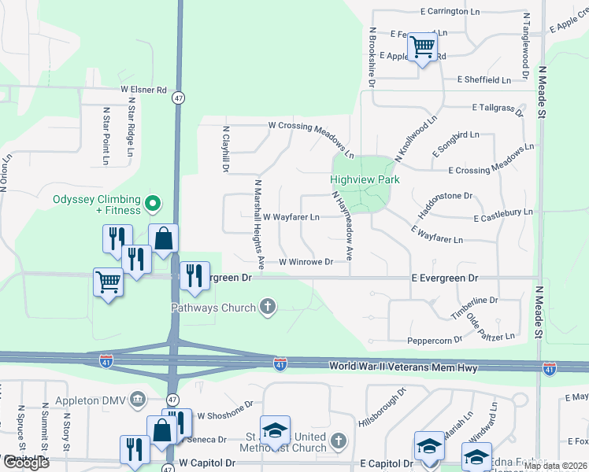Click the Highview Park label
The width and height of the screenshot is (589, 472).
[364, 180]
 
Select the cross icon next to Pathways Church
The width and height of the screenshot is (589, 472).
[268, 308]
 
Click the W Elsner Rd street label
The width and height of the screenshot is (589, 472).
[143, 90]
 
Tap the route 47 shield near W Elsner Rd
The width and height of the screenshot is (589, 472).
[180, 98]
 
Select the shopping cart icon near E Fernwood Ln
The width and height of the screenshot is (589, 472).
[422, 48]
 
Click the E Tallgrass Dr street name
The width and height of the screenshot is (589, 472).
[498, 108]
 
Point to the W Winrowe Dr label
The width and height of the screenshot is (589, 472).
[306, 262]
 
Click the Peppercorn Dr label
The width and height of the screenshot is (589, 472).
[434, 341]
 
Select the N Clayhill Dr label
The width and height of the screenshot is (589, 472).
[225, 149]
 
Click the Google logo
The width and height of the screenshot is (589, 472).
[26, 463]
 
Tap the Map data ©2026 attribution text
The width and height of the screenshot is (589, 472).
[555, 466]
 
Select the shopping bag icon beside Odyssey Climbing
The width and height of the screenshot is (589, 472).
[163, 238]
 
